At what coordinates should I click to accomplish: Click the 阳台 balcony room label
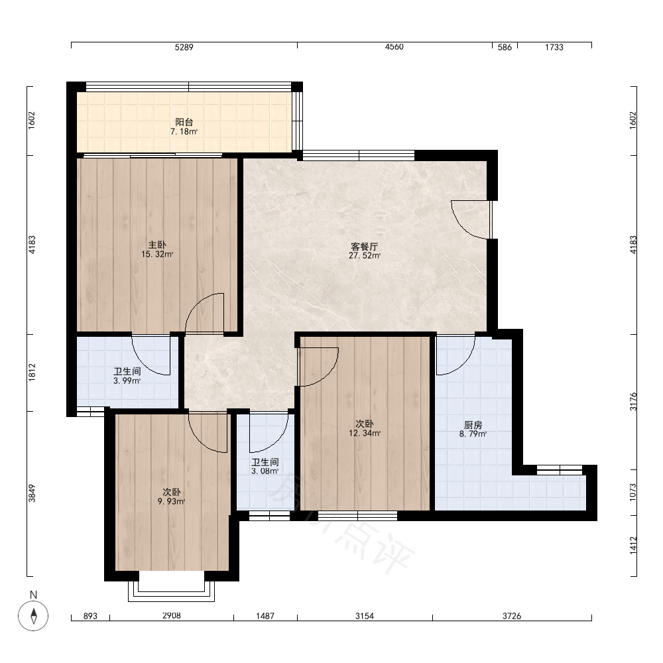pos(184,122)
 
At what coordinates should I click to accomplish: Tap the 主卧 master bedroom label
pos(157,245)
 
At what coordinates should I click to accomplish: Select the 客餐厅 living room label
pos(365,247)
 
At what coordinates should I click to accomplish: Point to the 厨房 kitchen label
pos(473,425)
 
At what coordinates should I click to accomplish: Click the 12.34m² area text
pos(365,434)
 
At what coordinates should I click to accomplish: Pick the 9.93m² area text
pos(171,501)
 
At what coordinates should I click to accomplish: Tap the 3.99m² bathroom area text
pos(127,381)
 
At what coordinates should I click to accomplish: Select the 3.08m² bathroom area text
pos(265,471)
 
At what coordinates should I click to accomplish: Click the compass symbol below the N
pos(33,615)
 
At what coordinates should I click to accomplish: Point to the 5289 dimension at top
pos(184,47)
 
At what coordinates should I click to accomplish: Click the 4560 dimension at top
pos(394,47)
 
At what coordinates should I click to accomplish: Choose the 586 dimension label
pos(505,47)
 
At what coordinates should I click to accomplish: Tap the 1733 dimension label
pos(554,47)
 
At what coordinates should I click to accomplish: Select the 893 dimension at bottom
pos(90,616)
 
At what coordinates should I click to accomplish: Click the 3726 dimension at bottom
pos(512,616)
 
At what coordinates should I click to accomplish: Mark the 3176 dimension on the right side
pos(633,402)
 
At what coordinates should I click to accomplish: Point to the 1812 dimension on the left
pos(32,373)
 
